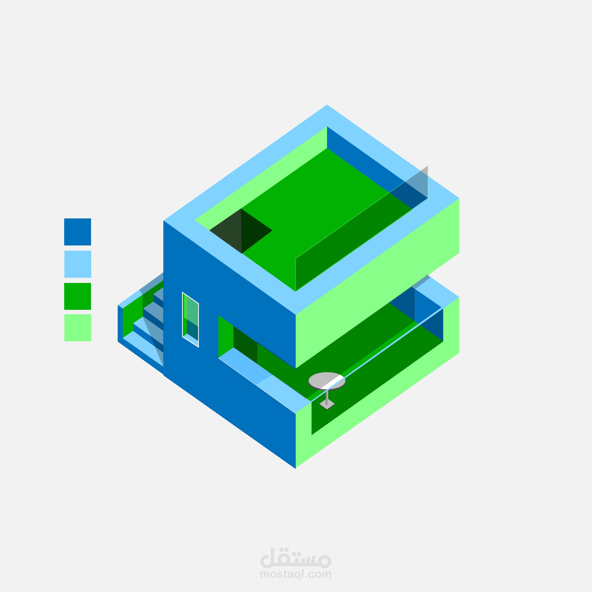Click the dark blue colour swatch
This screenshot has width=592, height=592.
click(78, 232)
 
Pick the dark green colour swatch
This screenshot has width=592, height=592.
click(78, 296)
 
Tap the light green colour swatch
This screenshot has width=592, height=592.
click(78, 328)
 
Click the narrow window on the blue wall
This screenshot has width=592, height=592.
click(191, 320)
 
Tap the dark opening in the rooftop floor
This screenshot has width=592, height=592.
click(241, 231)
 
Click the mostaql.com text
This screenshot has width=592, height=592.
click(296, 574)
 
